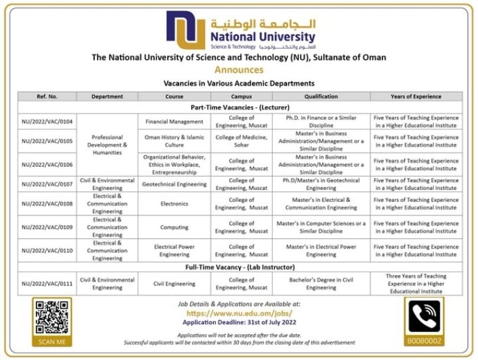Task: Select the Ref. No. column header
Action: point(47,96)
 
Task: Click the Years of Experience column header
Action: point(416,96)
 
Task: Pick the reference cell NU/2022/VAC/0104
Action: point(47,122)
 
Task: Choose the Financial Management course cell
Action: point(174,122)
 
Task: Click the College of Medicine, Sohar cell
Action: point(241,141)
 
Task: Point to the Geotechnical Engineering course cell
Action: point(174,184)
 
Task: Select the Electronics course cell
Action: point(174,204)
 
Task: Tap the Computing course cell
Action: point(174,227)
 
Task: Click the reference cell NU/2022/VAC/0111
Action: point(47,284)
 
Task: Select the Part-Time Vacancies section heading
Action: point(238,106)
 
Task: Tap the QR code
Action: point(52,317)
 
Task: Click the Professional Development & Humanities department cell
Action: point(107,144)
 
